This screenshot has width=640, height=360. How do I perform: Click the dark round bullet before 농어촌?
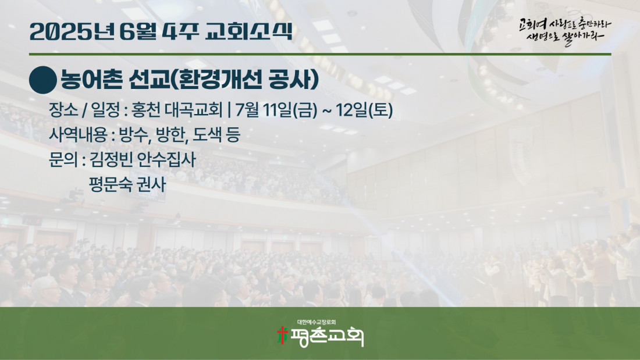pos(43,80)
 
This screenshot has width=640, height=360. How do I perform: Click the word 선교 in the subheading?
pos(149,79)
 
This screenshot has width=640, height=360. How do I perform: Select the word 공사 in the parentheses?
pos(289,79)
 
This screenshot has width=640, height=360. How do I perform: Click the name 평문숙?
pos(111,184)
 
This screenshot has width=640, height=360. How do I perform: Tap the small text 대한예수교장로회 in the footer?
pos(317,322)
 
